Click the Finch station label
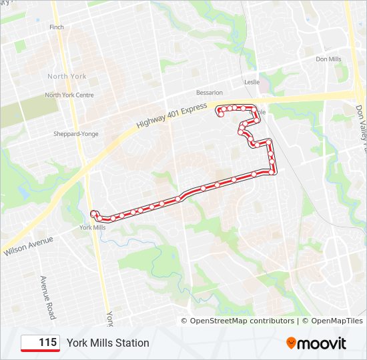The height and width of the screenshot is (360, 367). point(57,27)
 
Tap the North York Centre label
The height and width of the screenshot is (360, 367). point(69,95)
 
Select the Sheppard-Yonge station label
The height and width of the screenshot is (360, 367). point(75,134)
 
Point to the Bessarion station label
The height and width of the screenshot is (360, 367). point(209,93)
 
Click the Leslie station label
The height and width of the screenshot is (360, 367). point(252,82)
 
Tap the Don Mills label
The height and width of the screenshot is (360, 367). point(328,59)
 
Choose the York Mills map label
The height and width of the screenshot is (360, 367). point(92,227)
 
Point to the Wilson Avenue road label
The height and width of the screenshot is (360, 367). point(27,245)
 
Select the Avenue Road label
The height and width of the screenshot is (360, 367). point(47,297)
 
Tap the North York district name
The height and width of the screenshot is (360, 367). point(67,77)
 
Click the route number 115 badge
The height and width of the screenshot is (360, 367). point(41,343)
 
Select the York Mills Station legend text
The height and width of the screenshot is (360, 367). point(107,343)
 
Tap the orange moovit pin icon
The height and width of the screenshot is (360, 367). point(292,343)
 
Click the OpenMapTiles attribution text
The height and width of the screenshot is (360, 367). point(332,321)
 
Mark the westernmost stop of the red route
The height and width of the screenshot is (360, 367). point(93,213)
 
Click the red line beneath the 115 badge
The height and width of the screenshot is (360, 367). point(41,351)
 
